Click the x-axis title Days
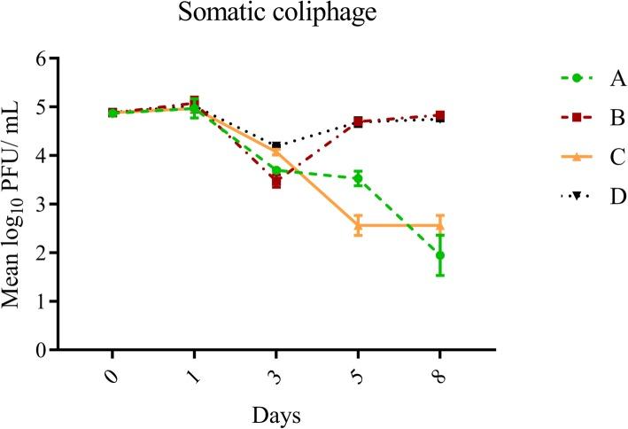click(275, 413)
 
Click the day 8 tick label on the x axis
click(438, 376)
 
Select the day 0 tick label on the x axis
click(111, 376)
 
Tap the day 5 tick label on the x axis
click(357, 376)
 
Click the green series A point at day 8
click(440, 255)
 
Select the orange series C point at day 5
click(358, 225)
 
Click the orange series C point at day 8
click(440, 225)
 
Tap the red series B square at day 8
click(440, 116)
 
